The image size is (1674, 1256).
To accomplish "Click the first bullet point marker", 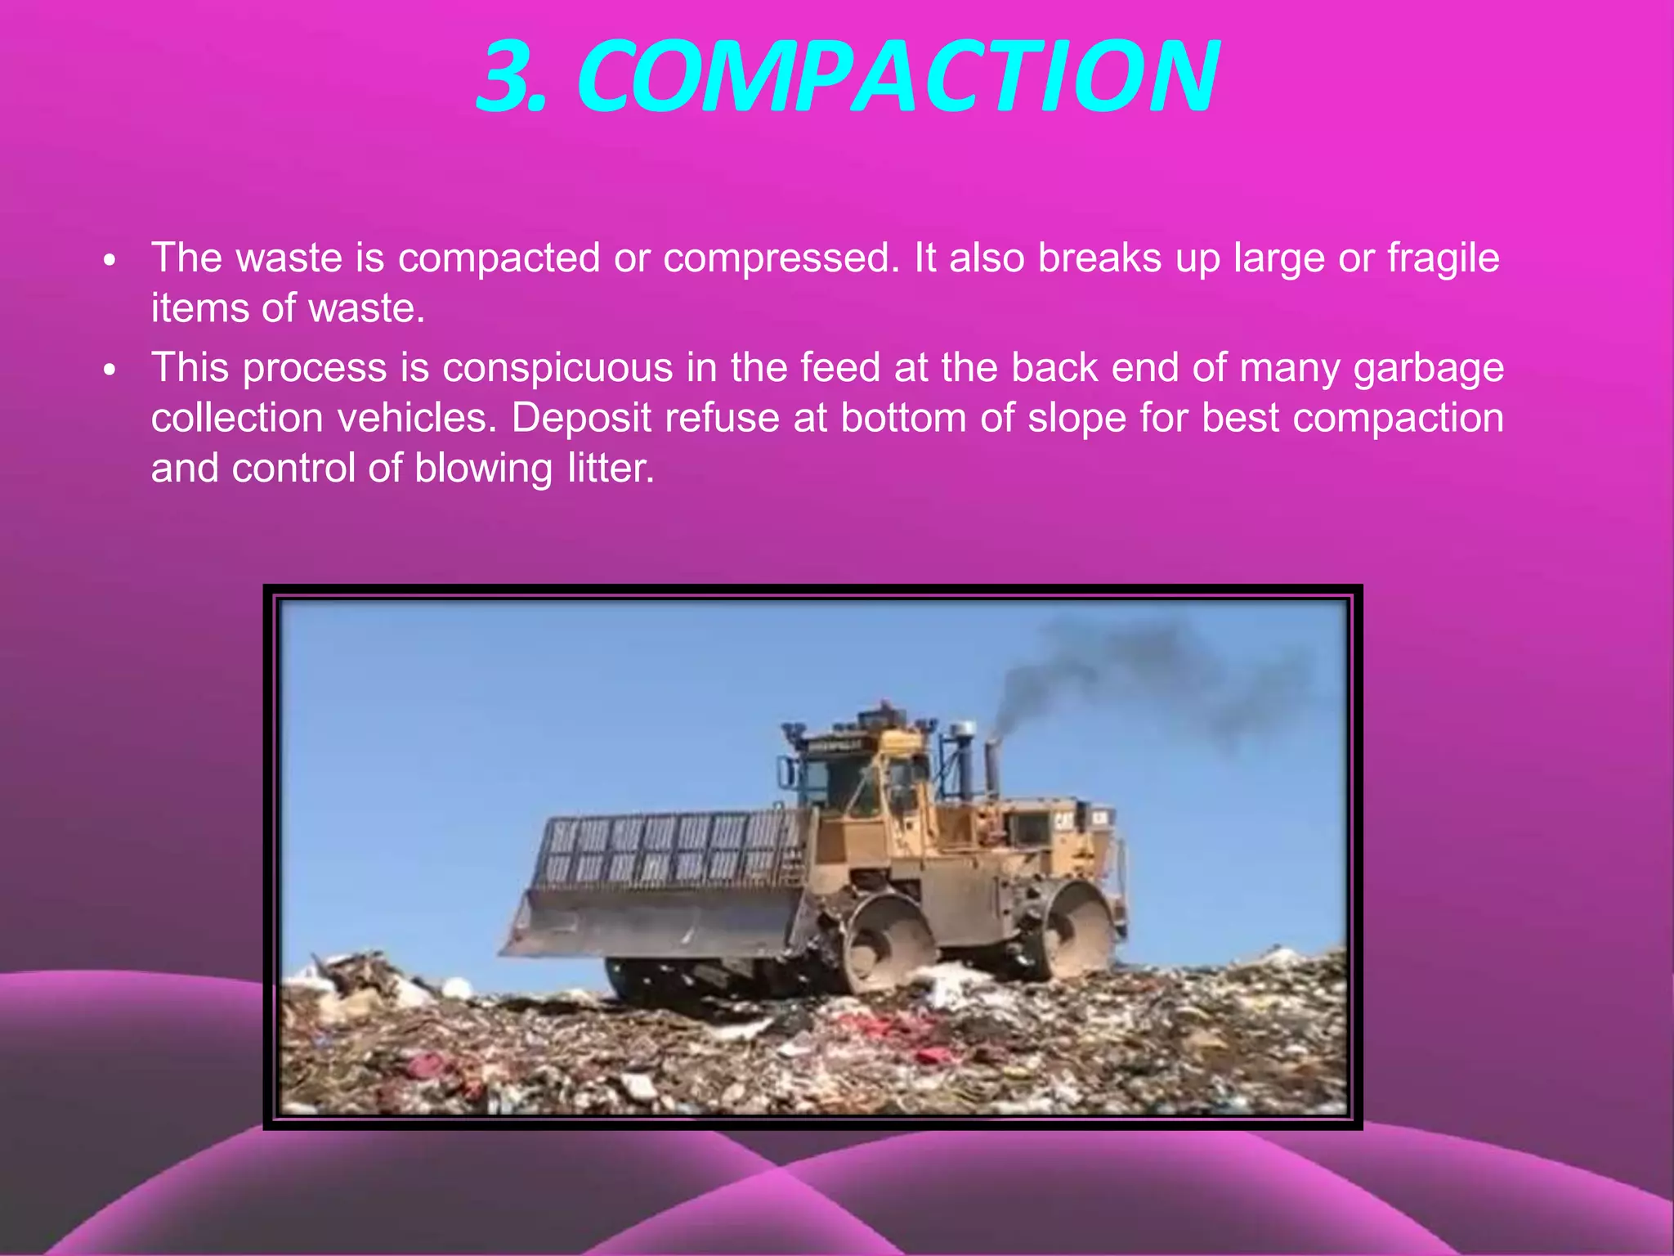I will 110,262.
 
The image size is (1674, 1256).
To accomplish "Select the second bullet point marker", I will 110,371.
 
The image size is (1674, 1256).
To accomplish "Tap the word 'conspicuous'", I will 557,368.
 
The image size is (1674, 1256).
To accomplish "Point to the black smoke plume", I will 1144,671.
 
